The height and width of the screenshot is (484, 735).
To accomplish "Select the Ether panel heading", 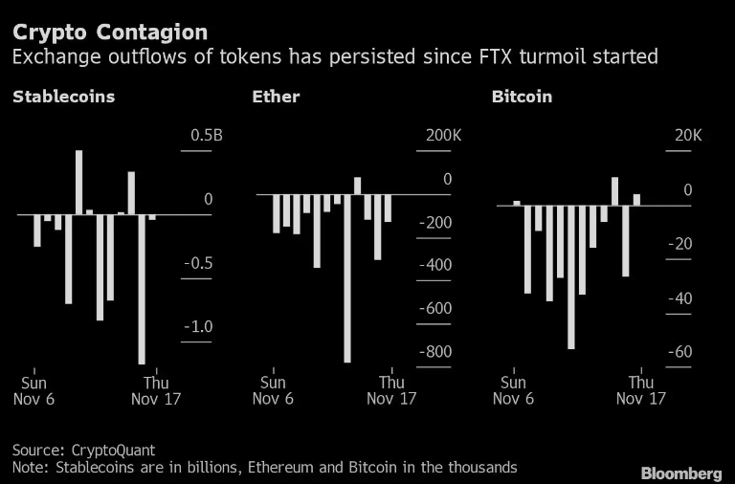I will click(276, 97).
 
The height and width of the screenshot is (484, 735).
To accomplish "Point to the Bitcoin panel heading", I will click(522, 97).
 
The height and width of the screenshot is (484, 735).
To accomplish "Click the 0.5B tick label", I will click(206, 136).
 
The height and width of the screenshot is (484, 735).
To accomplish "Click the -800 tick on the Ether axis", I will click(434, 352).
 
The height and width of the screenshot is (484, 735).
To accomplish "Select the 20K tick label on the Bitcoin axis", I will click(687, 136).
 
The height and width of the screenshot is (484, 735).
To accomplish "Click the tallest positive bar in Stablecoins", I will click(78, 182).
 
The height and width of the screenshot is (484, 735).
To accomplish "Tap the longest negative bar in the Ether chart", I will click(347, 278).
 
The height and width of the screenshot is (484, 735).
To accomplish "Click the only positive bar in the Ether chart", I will click(358, 186).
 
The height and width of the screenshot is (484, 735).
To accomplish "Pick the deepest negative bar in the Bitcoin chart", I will click(571, 276).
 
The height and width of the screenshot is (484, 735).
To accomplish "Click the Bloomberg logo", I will click(681, 473).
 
